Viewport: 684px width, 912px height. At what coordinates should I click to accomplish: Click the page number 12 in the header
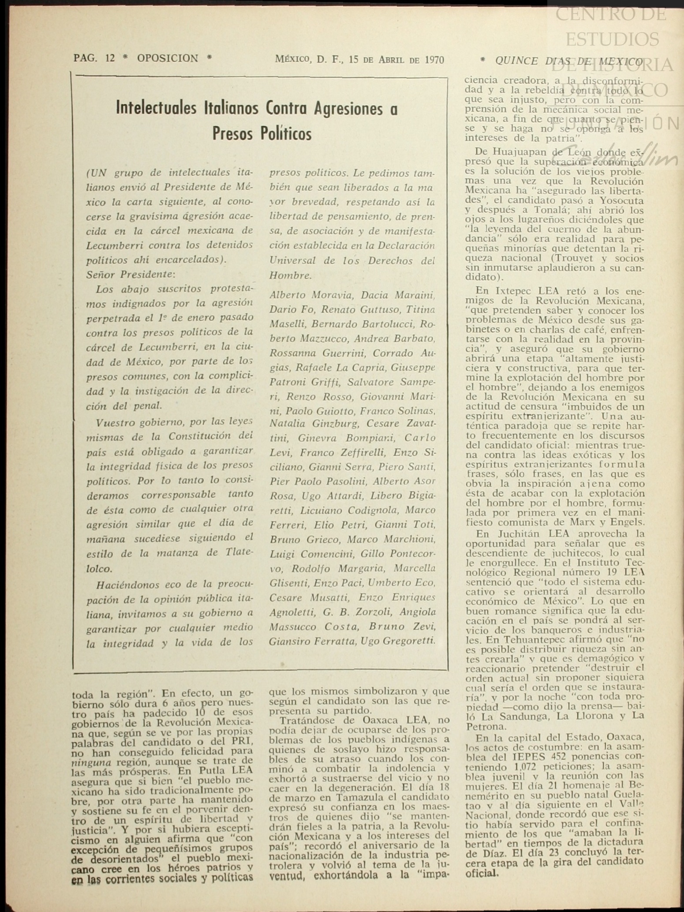[x=110, y=58]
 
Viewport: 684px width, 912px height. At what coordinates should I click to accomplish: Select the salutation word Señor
[x=101, y=274]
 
